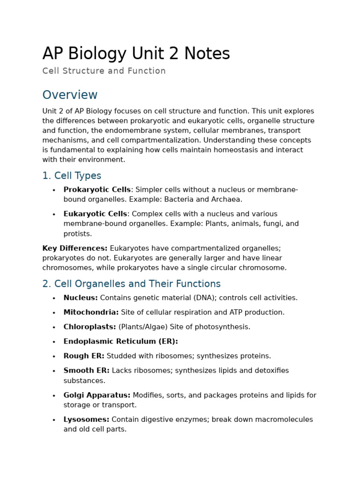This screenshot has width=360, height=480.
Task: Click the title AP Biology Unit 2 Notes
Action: [x=136, y=54]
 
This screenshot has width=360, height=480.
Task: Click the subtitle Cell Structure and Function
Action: [x=104, y=71]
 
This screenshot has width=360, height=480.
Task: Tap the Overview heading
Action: [x=70, y=95]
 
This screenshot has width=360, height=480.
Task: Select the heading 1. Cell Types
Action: [x=72, y=176]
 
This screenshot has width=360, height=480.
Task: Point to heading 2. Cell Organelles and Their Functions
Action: [x=131, y=284]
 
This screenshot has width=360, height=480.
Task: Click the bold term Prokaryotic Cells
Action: [x=97, y=189]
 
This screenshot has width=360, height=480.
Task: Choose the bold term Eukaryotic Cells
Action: [x=95, y=214]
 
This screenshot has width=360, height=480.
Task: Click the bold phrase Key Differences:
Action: [x=75, y=248]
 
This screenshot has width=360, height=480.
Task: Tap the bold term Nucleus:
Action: [x=81, y=298]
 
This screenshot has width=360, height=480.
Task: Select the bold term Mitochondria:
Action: [x=91, y=312]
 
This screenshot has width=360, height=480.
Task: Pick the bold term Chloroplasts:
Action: [x=90, y=327]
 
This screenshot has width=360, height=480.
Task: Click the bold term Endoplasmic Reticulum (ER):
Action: [x=120, y=341]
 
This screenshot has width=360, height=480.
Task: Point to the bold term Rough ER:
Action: [x=84, y=356]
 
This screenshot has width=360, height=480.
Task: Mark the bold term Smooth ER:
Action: [x=86, y=370]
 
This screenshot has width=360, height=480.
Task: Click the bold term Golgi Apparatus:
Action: [x=97, y=395]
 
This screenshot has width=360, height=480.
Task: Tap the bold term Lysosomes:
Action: [x=86, y=420]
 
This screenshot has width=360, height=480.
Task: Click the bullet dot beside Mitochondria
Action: [x=54, y=313]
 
